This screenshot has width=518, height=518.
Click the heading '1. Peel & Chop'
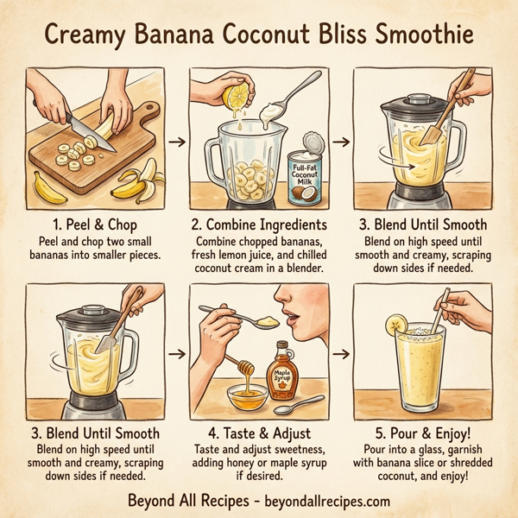pos(95,224)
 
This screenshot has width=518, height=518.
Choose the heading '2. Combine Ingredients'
pos(259,224)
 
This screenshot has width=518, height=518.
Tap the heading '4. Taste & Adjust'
pos(259,434)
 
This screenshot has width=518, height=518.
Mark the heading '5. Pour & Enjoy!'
pos(423,434)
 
